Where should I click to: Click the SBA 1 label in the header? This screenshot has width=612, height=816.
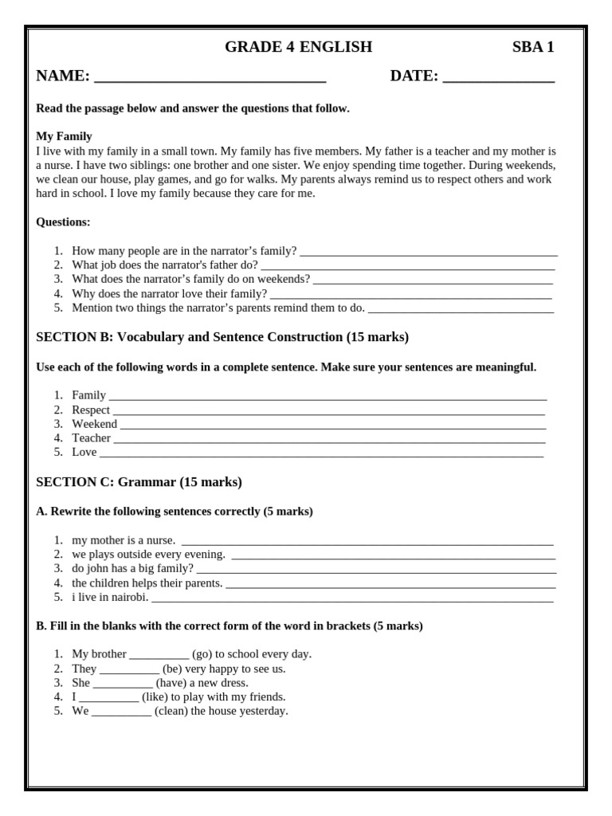pos(532,47)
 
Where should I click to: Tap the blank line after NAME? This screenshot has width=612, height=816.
pos(210,79)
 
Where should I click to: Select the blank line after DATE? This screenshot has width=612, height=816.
pos(498,79)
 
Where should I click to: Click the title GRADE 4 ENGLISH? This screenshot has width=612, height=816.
pos(298,47)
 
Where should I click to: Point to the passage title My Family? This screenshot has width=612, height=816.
pos(64,136)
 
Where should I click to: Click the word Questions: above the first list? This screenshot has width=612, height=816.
pos(63,222)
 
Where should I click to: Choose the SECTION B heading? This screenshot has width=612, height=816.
pos(222,337)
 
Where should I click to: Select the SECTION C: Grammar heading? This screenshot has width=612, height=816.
pos(139,482)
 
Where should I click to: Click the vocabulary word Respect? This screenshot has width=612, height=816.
pos(91,410)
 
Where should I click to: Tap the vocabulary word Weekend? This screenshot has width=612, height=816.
pos(94,424)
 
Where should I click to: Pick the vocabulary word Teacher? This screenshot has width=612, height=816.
pos(91,438)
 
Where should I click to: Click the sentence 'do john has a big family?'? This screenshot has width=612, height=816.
pos(132,568)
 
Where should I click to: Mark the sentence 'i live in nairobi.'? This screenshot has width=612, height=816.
pos(110,597)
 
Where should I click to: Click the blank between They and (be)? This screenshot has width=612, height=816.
pos(129,671)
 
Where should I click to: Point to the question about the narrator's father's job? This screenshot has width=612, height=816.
pos(165,265)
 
